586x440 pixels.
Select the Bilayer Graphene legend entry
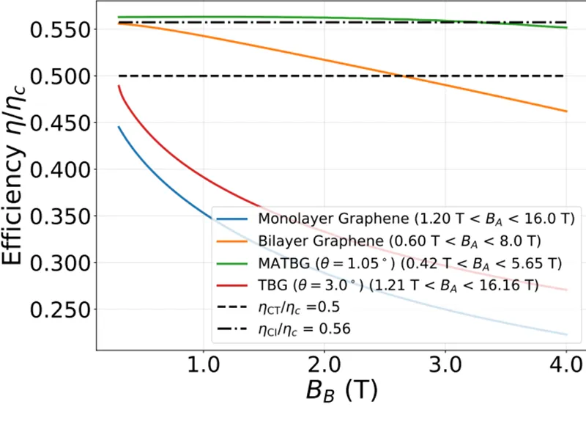click(x=399, y=241)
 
